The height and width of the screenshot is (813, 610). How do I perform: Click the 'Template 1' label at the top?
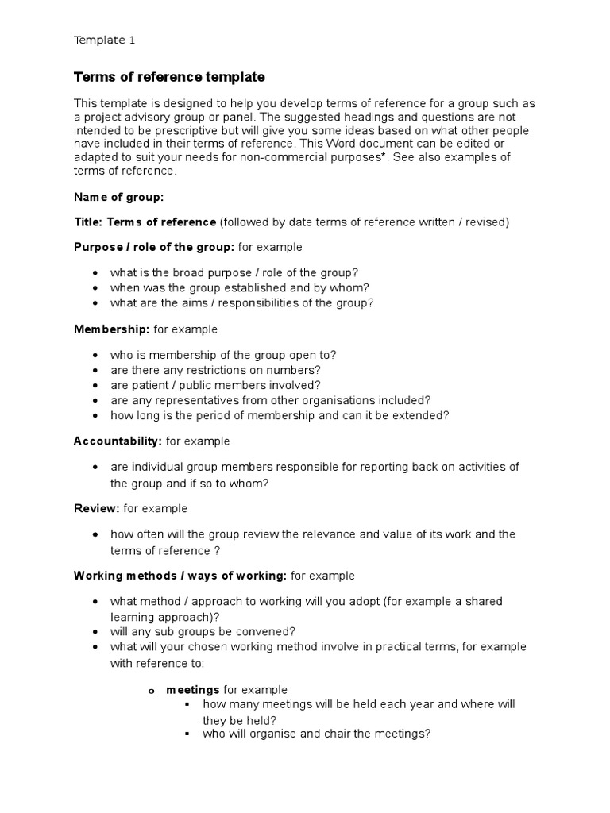coord(110,40)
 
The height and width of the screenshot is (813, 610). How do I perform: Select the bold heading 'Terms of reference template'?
coord(169,77)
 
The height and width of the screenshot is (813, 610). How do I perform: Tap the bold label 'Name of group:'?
coord(118,196)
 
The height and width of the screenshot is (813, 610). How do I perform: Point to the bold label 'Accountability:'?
coord(118,441)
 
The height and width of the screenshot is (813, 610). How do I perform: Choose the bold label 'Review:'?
coord(97,508)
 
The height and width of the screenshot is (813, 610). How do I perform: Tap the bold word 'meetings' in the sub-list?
coord(192,690)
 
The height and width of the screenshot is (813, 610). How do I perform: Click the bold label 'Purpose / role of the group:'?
coord(154,247)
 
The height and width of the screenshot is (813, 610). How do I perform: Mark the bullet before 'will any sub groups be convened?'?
coord(95,632)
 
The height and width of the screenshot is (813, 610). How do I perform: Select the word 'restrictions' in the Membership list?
coord(228,370)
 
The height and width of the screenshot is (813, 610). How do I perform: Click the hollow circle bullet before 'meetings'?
coord(150,691)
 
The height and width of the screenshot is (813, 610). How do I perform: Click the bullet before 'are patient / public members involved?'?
coord(95,385)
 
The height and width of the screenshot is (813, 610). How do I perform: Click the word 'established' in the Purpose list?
coord(230,287)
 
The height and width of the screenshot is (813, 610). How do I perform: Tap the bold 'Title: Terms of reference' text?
coord(145,222)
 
